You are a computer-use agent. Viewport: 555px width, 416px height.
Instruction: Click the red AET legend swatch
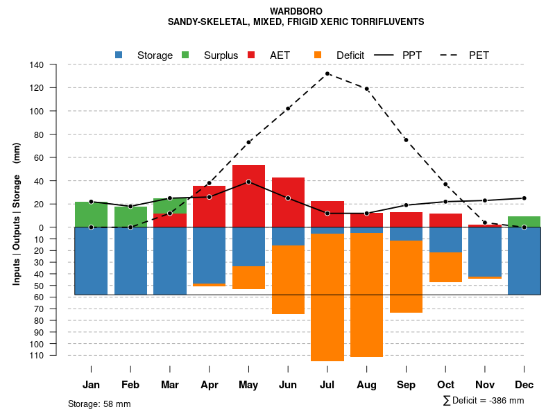point(251,55)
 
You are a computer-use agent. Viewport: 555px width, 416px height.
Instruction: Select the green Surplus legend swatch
point(185,55)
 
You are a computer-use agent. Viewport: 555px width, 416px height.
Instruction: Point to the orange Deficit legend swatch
point(318,55)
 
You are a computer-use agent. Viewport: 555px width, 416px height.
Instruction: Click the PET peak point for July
point(327,73)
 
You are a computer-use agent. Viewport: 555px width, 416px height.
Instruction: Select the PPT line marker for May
point(248,182)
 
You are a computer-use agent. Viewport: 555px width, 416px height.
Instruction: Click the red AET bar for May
point(248,196)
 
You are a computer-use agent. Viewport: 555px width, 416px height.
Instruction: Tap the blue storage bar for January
point(91,261)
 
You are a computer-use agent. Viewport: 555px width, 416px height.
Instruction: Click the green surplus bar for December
point(524,222)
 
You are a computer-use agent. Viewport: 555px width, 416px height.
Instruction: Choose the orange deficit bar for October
point(445,267)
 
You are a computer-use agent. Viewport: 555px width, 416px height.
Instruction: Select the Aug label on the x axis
point(367,385)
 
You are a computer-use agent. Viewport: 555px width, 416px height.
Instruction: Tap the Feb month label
point(130,385)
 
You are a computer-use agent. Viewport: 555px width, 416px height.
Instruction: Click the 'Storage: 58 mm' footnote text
point(99,404)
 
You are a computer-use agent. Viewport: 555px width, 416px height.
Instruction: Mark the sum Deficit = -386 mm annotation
point(483,401)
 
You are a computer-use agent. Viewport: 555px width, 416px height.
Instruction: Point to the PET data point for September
point(406,140)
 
